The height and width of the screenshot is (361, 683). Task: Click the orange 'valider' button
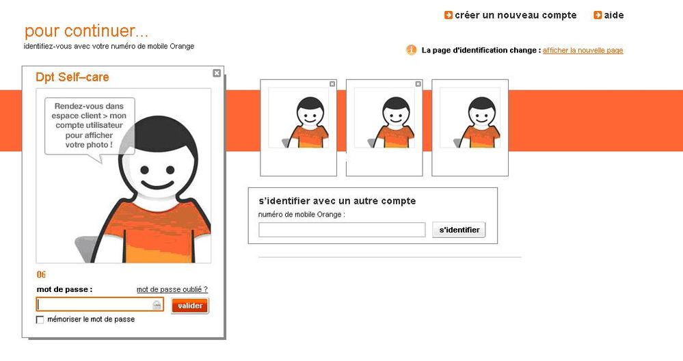pyautogui.click(x=190, y=306)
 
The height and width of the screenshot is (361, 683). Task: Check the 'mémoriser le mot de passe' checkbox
pyautogui.click(x=40, y=319)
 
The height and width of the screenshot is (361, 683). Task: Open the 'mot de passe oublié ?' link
pyautogui.click(x=172, y=289)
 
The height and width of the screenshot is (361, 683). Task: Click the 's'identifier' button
pyautogui.click(x=459, y=230)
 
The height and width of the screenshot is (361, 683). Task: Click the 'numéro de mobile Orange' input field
pyautogui.click(x=342, y=230)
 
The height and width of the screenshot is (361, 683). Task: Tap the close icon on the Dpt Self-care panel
pyautogui.click(x=217, y=73)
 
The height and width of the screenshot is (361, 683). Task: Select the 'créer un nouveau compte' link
pyautogui.click(x=515, y=15)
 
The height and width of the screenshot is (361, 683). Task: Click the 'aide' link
pyautogui.click(x=614, y=15)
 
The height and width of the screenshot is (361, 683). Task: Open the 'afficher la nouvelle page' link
pyautogui.click(x=582, y=50)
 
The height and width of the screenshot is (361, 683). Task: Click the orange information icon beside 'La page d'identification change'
pyautogui.click(x=411, y=50)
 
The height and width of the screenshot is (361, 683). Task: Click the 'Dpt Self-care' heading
pyautogui.click(x=72, y=77)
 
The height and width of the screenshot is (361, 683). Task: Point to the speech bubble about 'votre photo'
pyautogui.click(x=90, y=126)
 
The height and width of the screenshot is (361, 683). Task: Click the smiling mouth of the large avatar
pyautogui.click(x=157, y=185)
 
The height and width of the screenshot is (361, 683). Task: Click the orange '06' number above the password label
pyautogui.click(x=41, y=274)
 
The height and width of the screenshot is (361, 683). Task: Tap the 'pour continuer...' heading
pyautogui.click(x=86, y=31)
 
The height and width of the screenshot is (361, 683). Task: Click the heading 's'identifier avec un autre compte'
pyautogui.click(x=337, y=201)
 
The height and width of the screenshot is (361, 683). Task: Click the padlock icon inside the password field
pyautogui.click(x=157, y=305)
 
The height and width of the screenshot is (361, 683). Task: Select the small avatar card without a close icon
pyautogui.click(x=470, y=128)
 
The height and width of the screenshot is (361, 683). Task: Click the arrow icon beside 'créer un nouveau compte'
pyautogui.click(x=448, y=15)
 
